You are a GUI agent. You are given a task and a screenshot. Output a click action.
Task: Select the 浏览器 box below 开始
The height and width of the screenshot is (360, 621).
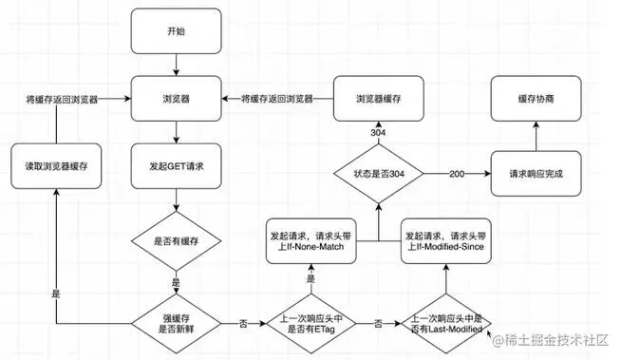pos(178,98)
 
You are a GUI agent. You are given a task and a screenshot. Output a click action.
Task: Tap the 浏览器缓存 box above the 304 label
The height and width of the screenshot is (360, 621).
pos(377,98)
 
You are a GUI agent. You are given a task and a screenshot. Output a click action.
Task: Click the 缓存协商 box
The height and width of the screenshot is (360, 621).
pos(535,98)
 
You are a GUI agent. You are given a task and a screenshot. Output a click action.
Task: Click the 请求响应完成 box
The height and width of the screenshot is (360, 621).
pos(535,175)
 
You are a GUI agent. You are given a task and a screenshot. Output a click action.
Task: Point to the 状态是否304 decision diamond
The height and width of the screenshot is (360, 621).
pos(377,175)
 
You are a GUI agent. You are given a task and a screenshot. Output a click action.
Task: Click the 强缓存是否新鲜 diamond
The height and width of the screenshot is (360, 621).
pos(178,323)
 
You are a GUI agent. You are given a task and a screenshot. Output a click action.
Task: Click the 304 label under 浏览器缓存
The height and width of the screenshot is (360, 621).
pos(377,132)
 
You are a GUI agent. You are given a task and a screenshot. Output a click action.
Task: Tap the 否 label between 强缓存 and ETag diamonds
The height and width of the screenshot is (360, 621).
pos(243,323)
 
